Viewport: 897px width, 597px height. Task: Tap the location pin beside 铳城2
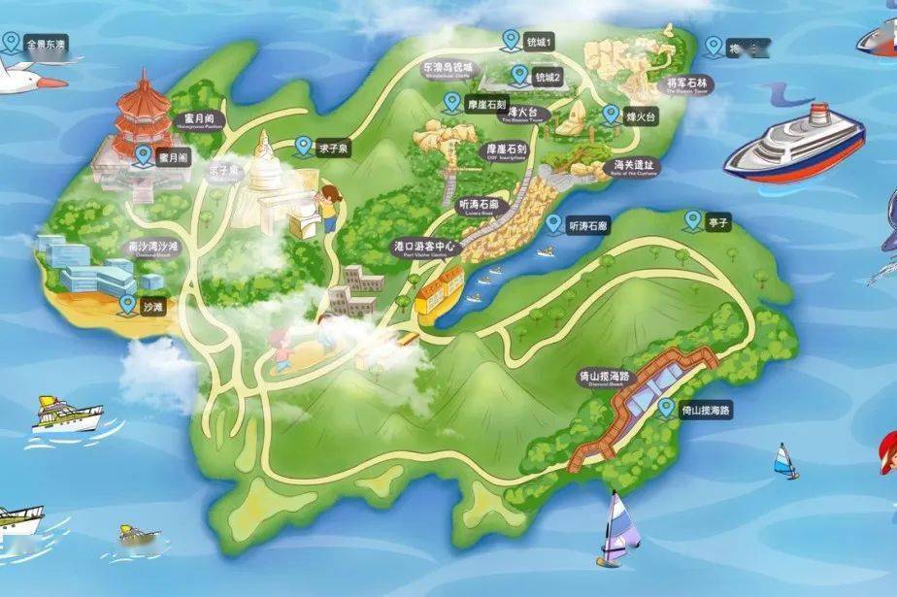tap(519, 74)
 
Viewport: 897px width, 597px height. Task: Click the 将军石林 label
tap(688, 84)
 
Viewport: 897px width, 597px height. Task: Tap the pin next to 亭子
tap(692, 220)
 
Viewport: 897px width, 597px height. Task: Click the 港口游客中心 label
tap(424, 247)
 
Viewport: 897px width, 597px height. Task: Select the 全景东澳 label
tap(46, 45)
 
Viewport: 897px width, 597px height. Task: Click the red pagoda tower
tap(142, 116)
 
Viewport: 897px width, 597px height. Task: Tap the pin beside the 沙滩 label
tap(127, 305)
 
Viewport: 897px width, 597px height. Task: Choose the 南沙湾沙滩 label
tap(152, 248)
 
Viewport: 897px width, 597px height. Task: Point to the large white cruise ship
tap(794, 146)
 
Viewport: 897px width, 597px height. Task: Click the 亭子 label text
tap(717, 222)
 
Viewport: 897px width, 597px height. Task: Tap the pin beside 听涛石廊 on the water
tap(553, 224)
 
